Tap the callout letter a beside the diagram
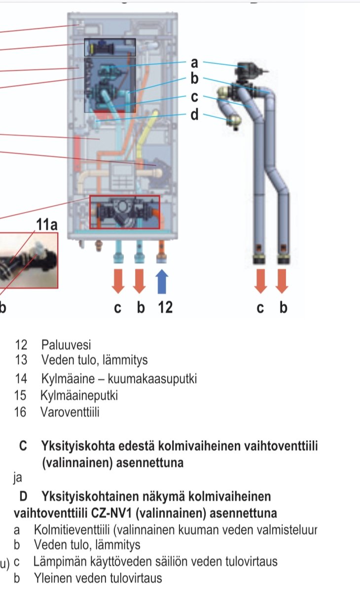(194, 63)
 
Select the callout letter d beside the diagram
(195, 115)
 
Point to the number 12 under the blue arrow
(165, 307)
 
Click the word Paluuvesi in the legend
(66, 345)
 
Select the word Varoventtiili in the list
(70, 412)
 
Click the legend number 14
(20, 379)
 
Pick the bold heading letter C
(23, 447)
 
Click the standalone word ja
(18, 478)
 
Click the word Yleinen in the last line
(51, 578)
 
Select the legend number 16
(20, 412)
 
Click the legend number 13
(20, 360)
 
